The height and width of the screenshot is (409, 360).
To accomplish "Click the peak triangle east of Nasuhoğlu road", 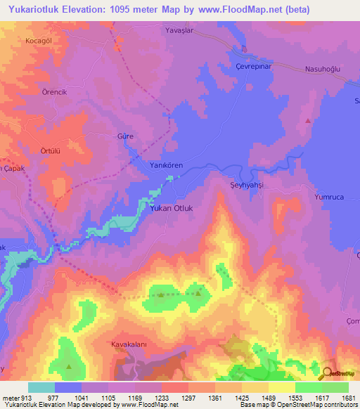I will pyautogui.click(x=308, y=121).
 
